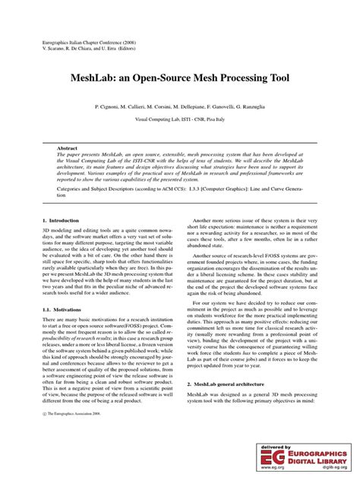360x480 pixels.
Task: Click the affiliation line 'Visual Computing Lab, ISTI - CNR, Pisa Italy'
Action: tap(180, 119)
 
